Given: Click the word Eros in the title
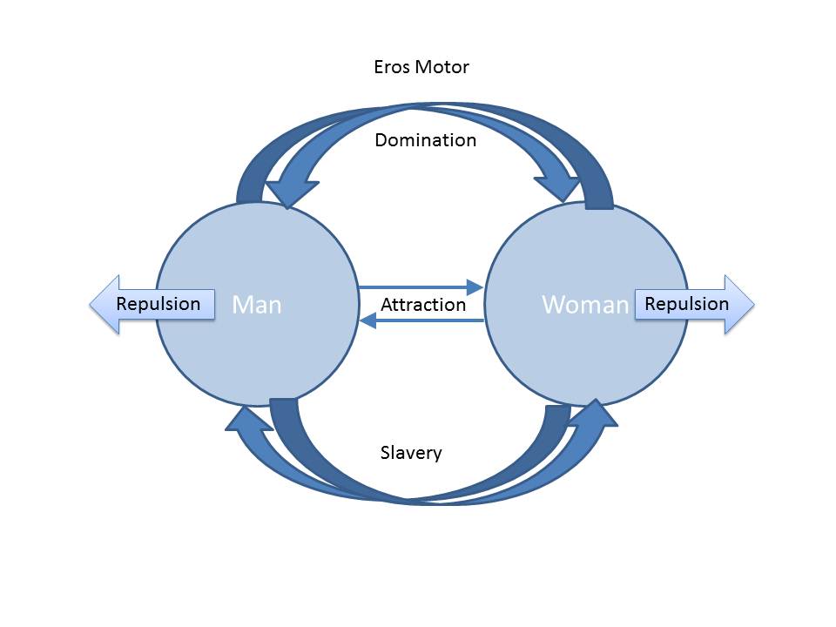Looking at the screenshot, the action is point(392,67).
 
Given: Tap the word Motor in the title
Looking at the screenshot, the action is point(442,67).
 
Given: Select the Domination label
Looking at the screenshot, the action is point(426,140).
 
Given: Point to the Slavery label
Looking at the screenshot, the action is point(411,453).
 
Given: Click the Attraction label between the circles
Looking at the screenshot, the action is point(423,305).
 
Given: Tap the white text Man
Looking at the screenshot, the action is point(256,305).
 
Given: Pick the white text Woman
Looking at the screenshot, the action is point(585,305).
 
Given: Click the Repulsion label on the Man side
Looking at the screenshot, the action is point(158,304).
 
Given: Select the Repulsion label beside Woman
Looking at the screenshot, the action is point(687,304).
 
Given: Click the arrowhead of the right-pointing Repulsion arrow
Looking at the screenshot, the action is point(739,305).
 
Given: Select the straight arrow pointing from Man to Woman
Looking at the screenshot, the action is point(421,287).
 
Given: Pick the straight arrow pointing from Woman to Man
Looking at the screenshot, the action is point(421,320).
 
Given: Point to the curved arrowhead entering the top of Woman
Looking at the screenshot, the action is point(558,186).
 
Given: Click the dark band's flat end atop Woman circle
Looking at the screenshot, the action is point(599,206).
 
